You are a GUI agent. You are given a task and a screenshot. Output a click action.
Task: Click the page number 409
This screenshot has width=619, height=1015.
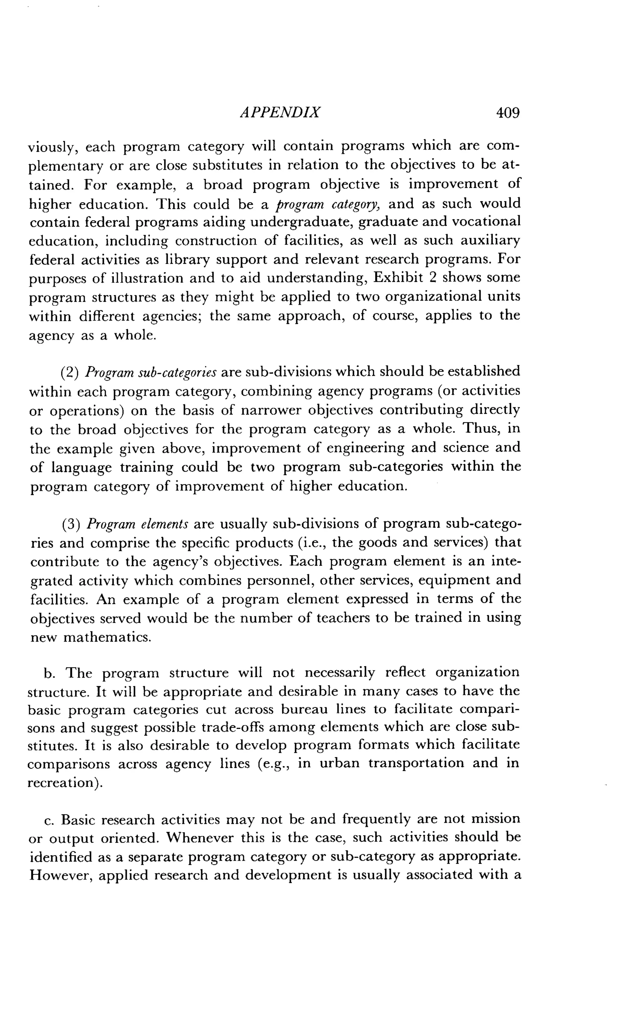tap(508, 112)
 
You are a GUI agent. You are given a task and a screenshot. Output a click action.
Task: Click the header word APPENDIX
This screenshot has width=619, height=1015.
tap(280, 112)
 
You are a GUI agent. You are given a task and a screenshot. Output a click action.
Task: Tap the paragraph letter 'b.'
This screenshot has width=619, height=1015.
tap(50, 673)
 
